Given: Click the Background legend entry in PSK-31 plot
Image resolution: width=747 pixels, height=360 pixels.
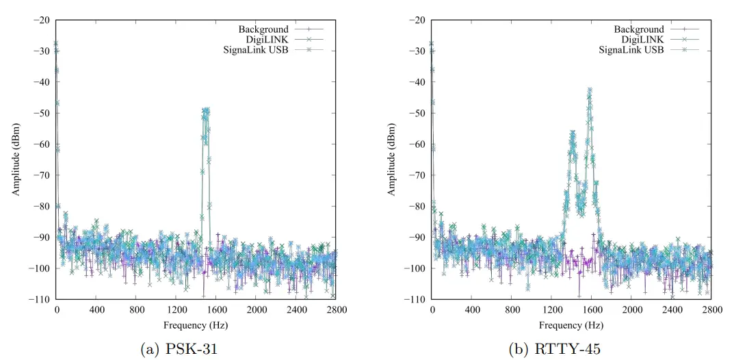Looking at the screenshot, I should [x=263, y=29].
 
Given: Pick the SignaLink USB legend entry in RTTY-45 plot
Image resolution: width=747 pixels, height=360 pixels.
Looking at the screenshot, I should [x=631, y=50].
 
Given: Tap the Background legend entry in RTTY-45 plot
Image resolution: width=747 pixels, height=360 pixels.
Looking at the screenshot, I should [x=638, y=29].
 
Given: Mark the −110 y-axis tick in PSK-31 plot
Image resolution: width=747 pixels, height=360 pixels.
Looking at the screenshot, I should [x=39, y=299].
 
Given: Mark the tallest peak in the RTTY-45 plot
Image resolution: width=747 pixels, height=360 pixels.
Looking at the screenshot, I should [x=589, y=89].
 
